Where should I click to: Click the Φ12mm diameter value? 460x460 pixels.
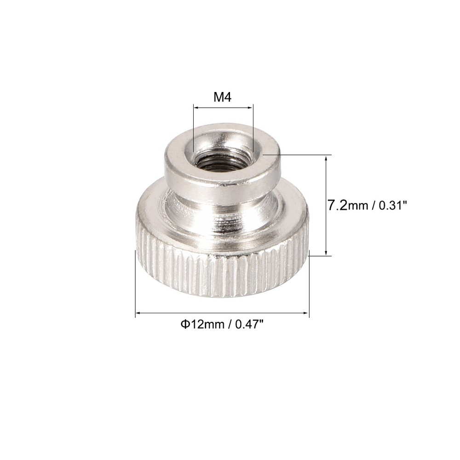point(201,325)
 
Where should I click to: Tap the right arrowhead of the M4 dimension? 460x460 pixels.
point(251,108)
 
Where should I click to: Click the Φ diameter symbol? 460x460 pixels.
point(183,325)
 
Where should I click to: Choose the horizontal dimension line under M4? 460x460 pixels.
point(223,108)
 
